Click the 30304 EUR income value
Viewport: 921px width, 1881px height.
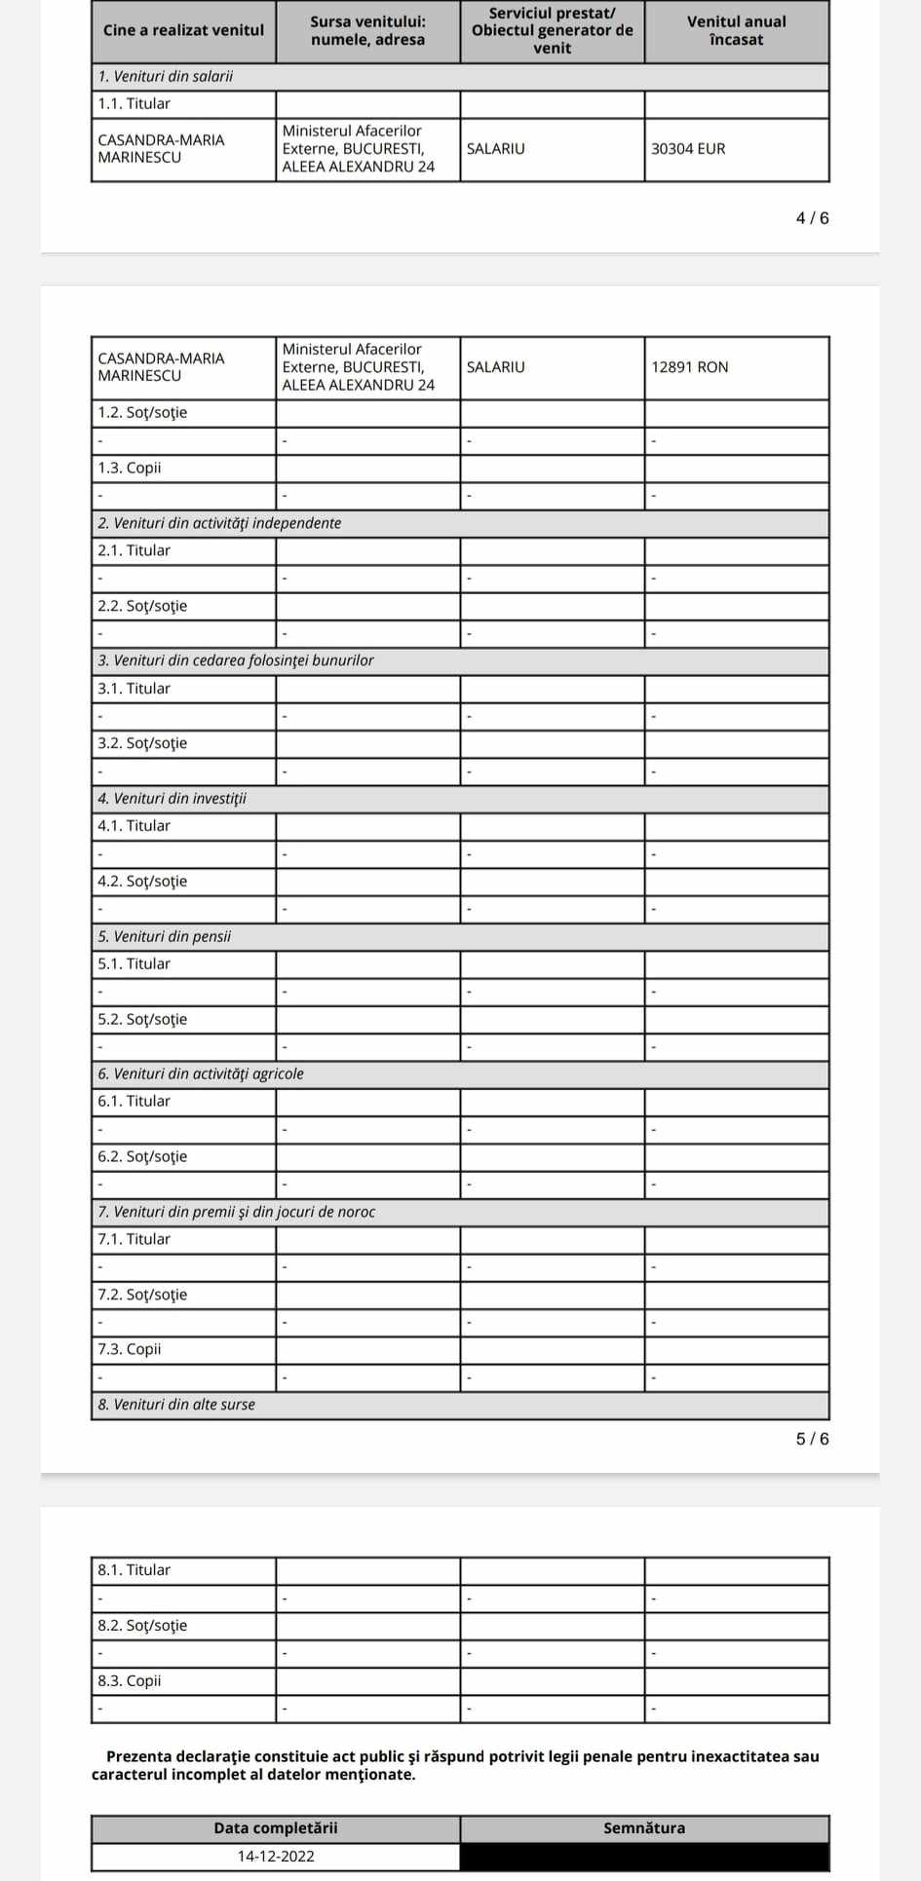pyautogui.click(x=688, y=149)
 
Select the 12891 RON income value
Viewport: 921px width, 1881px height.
pyautogui.click(x=689, y=367)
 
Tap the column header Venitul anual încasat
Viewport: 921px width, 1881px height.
pyautogui.click(x=736, y=30)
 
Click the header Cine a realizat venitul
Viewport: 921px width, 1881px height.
pyautogui.click(x=183, y=30)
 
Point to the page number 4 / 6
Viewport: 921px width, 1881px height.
pyautogui.click(x=812, y=218)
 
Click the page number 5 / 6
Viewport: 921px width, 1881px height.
pyautogui.click(x=812, y=1439)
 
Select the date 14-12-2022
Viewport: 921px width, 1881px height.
pyautogui.click(x=276, y=1856)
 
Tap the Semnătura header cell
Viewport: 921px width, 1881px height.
pyautogui.click(x=644, y=1827)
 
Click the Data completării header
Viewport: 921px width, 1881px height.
pyautogui.click(x=276, y=1827)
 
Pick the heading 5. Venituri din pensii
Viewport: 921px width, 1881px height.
pyautogui.click(x=165, y=936)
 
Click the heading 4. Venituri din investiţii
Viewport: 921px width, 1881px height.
pyautogui.click(x=173, y=799)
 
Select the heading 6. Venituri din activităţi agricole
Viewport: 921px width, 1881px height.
pyautogui.click(x=201, y=1073)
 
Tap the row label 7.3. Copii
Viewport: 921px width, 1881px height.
pyautogui.click(x=130, y=1349)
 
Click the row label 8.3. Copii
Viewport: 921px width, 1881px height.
pyautogui.click(x=130, y=1680)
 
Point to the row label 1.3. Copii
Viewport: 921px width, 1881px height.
pyautogui.click(x=130, y=468)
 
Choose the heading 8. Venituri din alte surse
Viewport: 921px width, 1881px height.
pyautogui.click(x=176, y=1405)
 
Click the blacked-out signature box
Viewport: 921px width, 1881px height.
pyautogui.click(x=644, y=1856)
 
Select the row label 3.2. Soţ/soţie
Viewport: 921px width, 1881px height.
pyautogui.click(x=142, y=743)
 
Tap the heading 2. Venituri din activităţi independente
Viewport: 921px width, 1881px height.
pyautogui.click(x=219, y=523)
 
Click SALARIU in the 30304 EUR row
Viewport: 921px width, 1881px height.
pyautogui.click(x=495, y=149)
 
